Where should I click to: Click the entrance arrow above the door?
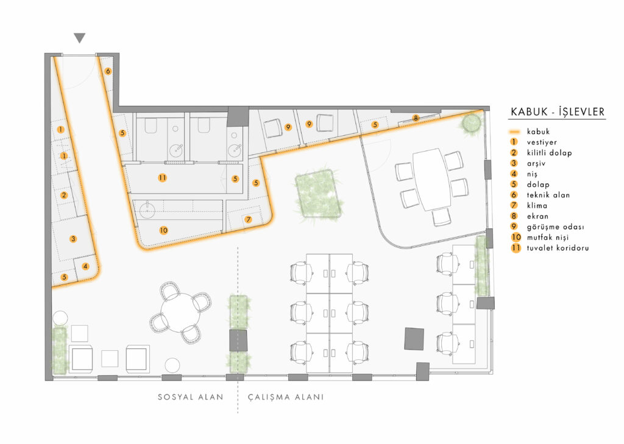pyautogui.click(x=80, y=38)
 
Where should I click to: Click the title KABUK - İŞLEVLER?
pyautogui.click(x=557, y=111)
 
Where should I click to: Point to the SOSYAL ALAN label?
pyautogui.click(x=190, y=397)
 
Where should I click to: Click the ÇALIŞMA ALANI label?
pyautogui.click(x=285, y=397)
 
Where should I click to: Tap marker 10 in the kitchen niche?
pyautogui.click(x=163, y=230)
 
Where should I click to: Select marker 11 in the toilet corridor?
pyautogui.click(x=161, y=178)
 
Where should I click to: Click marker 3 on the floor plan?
pyautogui.click(x=73, y=239)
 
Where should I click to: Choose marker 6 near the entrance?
pyautogui.click(x=108, y=71)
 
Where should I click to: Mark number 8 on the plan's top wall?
pyautogui.click(x=416, y=118)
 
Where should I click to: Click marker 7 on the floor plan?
pyautogui.click(x=248, y=219)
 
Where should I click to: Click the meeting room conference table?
pyautogui.click(x=432, y=178)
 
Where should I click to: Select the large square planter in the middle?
pyautogui.click(x=317, y=194)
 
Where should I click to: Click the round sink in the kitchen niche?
pyautogui.click(x=147, y=211)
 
